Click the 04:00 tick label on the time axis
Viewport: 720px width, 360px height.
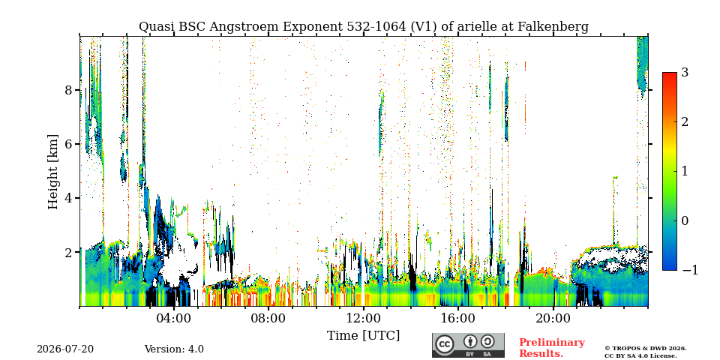pos(173,318)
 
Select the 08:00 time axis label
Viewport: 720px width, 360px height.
pos(268,318)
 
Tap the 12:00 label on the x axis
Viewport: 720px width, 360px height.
pos(363,318)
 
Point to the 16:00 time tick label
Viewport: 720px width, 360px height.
pos(458,318)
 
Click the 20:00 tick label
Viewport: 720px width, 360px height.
pos(553,318)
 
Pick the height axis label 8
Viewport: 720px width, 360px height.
pos(68,90)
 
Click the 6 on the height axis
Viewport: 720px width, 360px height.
pos(68,144)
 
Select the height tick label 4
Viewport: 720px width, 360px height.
pos(68,198)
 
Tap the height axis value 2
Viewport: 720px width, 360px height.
pos(68,253)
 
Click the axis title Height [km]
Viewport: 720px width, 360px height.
pos(53,172)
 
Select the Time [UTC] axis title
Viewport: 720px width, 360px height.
pos(363,336)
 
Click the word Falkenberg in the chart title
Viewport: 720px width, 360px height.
pos(553,27)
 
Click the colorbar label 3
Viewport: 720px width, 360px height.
pos(685,72)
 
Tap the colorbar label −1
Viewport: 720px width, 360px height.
pos(690,270)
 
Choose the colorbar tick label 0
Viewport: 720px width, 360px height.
pos(685,220)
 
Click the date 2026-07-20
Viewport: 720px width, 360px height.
pos(65,349)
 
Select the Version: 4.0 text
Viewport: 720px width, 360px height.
pos(174,349)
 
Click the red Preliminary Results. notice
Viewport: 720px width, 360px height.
pos(552,348)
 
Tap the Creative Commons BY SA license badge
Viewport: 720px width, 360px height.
pos(468,345)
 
